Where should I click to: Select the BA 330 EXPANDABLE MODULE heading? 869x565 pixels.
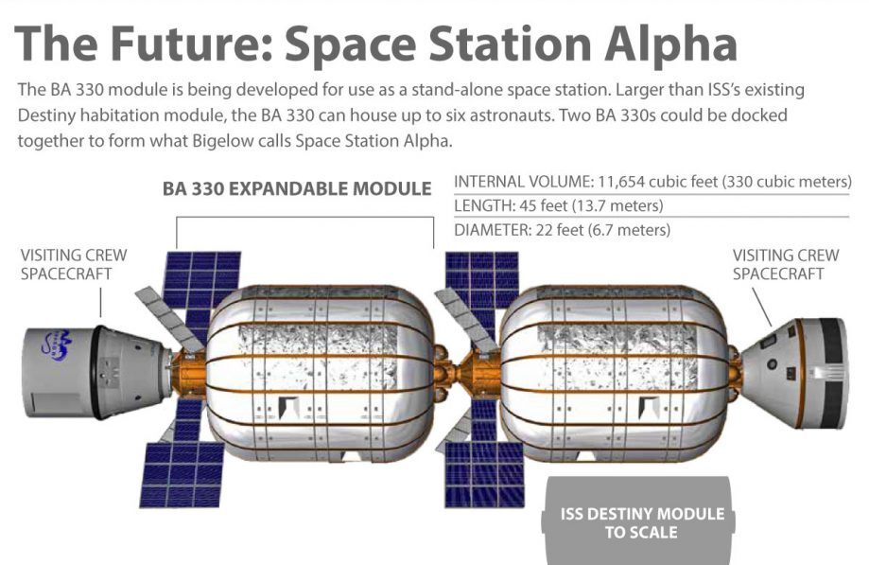297,189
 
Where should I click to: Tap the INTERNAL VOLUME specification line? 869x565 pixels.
652,182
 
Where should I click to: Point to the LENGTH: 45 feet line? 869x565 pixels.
559,206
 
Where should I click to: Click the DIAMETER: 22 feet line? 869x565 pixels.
562,230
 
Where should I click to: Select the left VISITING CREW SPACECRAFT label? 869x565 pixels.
74,264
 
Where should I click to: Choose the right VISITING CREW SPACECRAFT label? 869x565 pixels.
786,264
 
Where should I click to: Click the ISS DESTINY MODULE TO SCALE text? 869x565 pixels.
642,522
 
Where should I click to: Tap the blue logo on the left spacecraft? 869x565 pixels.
58,344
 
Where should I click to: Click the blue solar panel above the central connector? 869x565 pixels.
481,280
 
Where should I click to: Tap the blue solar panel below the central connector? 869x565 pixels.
484,474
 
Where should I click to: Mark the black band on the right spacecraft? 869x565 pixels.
830,373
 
